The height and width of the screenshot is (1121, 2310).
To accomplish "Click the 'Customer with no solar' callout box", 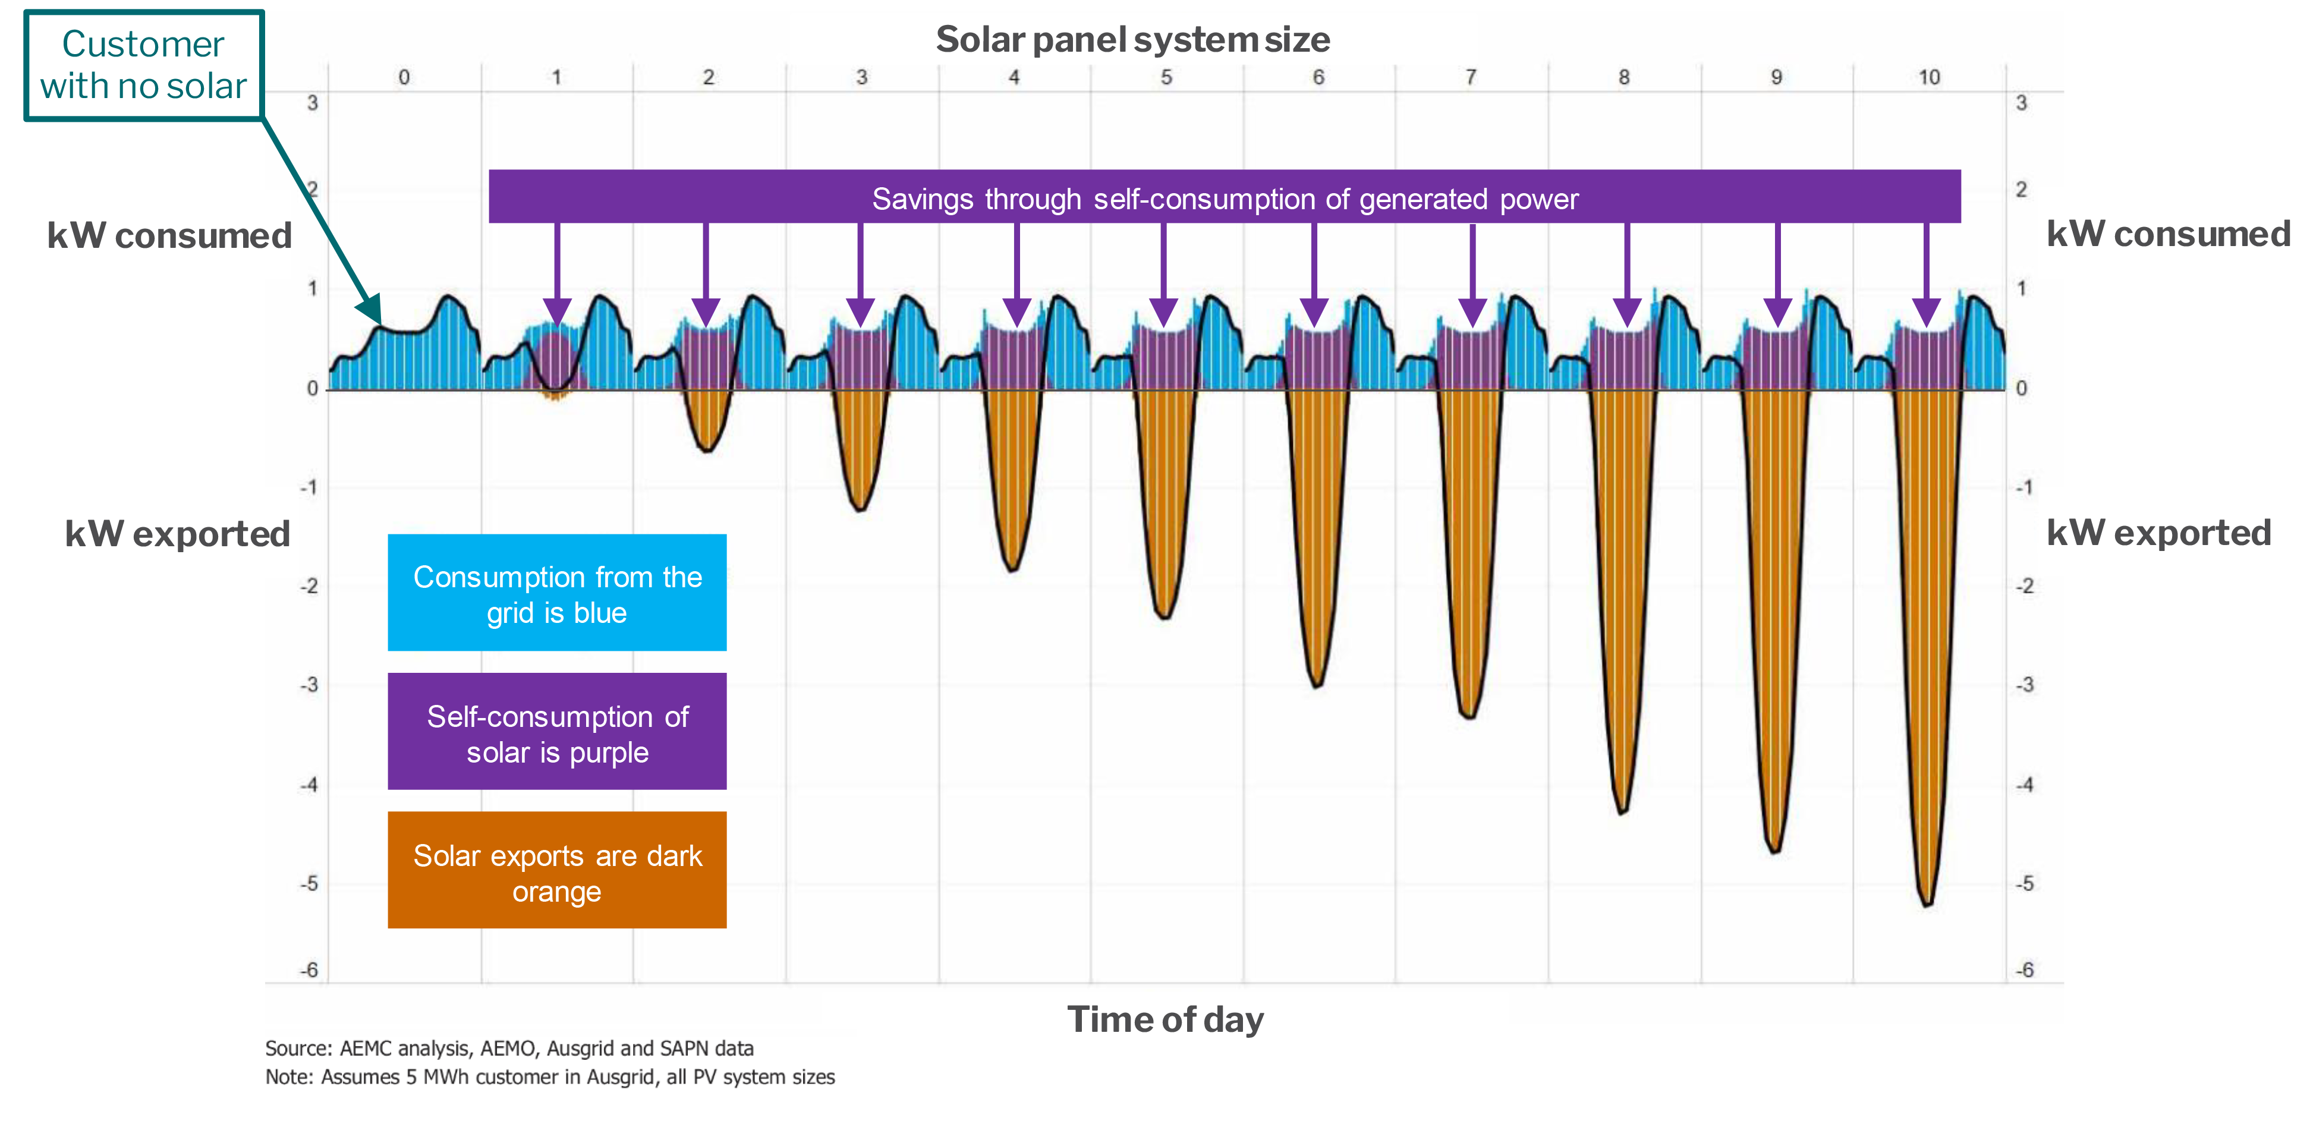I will [x=143, y=65].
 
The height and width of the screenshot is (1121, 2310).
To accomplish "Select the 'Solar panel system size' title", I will [x=1132, y=39].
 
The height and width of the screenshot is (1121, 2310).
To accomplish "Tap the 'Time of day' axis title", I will [x=1165, y=1020].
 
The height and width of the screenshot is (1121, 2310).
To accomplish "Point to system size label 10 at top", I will [x=1929, y=78].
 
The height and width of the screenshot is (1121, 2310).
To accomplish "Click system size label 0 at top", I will [x=404, y=78].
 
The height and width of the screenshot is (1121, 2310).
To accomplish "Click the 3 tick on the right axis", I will [x=2021, y=103].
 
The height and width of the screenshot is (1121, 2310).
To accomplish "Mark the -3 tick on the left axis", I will [x=309, y=685].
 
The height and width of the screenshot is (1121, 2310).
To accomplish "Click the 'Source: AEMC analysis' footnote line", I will [x=509, y=1048].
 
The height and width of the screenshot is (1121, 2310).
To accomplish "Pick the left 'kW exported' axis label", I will [x=178, y=534].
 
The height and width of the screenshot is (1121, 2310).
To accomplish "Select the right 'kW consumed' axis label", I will [x=2167, y=234].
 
